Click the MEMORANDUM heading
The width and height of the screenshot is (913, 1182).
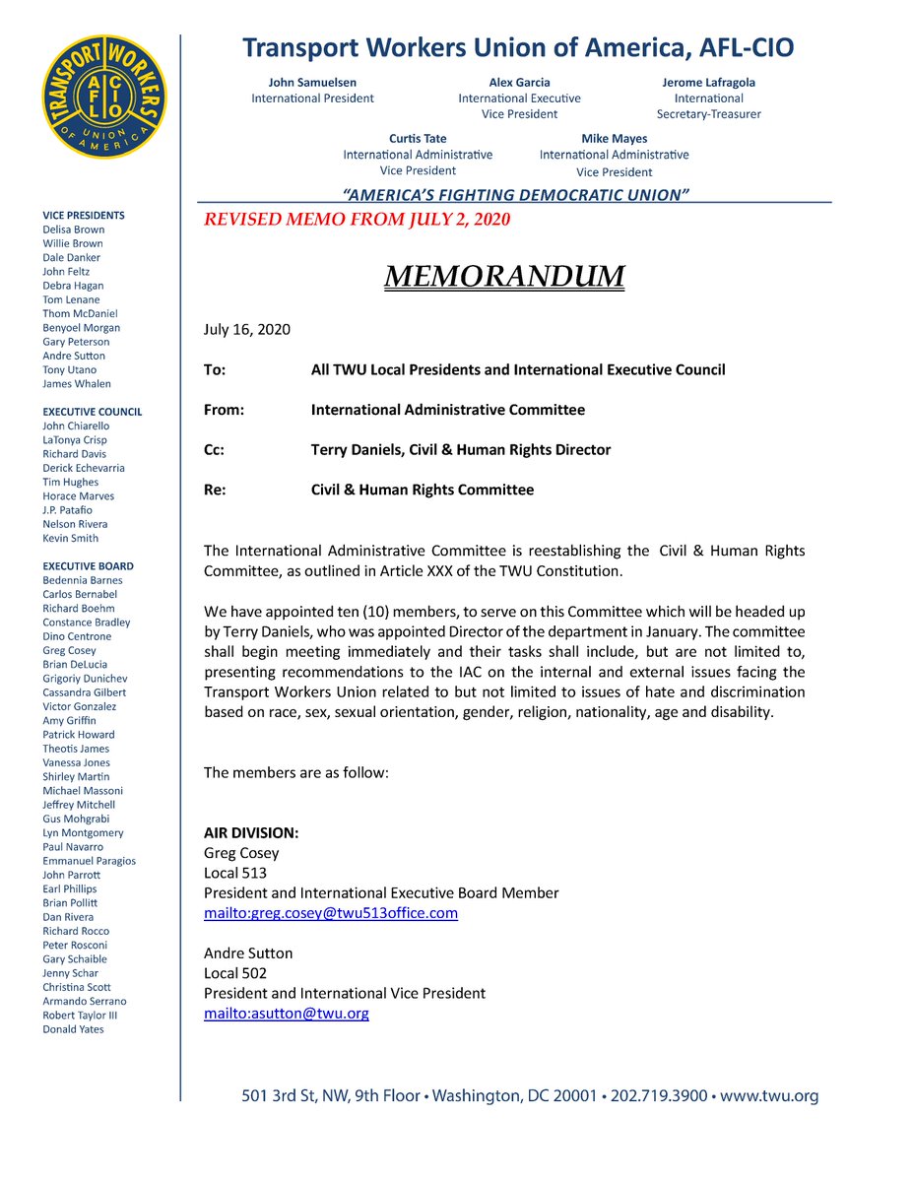point(503,277)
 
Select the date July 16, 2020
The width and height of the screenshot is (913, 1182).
point(247,330)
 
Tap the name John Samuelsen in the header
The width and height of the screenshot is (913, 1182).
point(312,83)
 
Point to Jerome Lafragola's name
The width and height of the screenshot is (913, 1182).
point(708,83)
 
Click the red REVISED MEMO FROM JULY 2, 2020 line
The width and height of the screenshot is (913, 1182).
point(357,220)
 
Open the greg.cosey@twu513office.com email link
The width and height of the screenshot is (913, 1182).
point(331,913)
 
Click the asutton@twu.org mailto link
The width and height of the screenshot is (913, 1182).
point(286,1013)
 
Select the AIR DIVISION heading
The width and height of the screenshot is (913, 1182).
point(251,833)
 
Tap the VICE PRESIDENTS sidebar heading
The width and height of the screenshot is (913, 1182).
point(84,216)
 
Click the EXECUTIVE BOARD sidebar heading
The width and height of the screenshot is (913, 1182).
point(88,566)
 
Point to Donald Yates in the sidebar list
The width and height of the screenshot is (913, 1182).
point(73,1029)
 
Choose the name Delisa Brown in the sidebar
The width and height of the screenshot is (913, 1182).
point(73,230)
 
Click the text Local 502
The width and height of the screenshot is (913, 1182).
point(235,973)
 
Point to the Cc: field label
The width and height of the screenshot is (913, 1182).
point(215,450)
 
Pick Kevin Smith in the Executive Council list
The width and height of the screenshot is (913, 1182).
point(70,539)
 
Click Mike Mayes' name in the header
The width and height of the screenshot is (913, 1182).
point(615,139)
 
